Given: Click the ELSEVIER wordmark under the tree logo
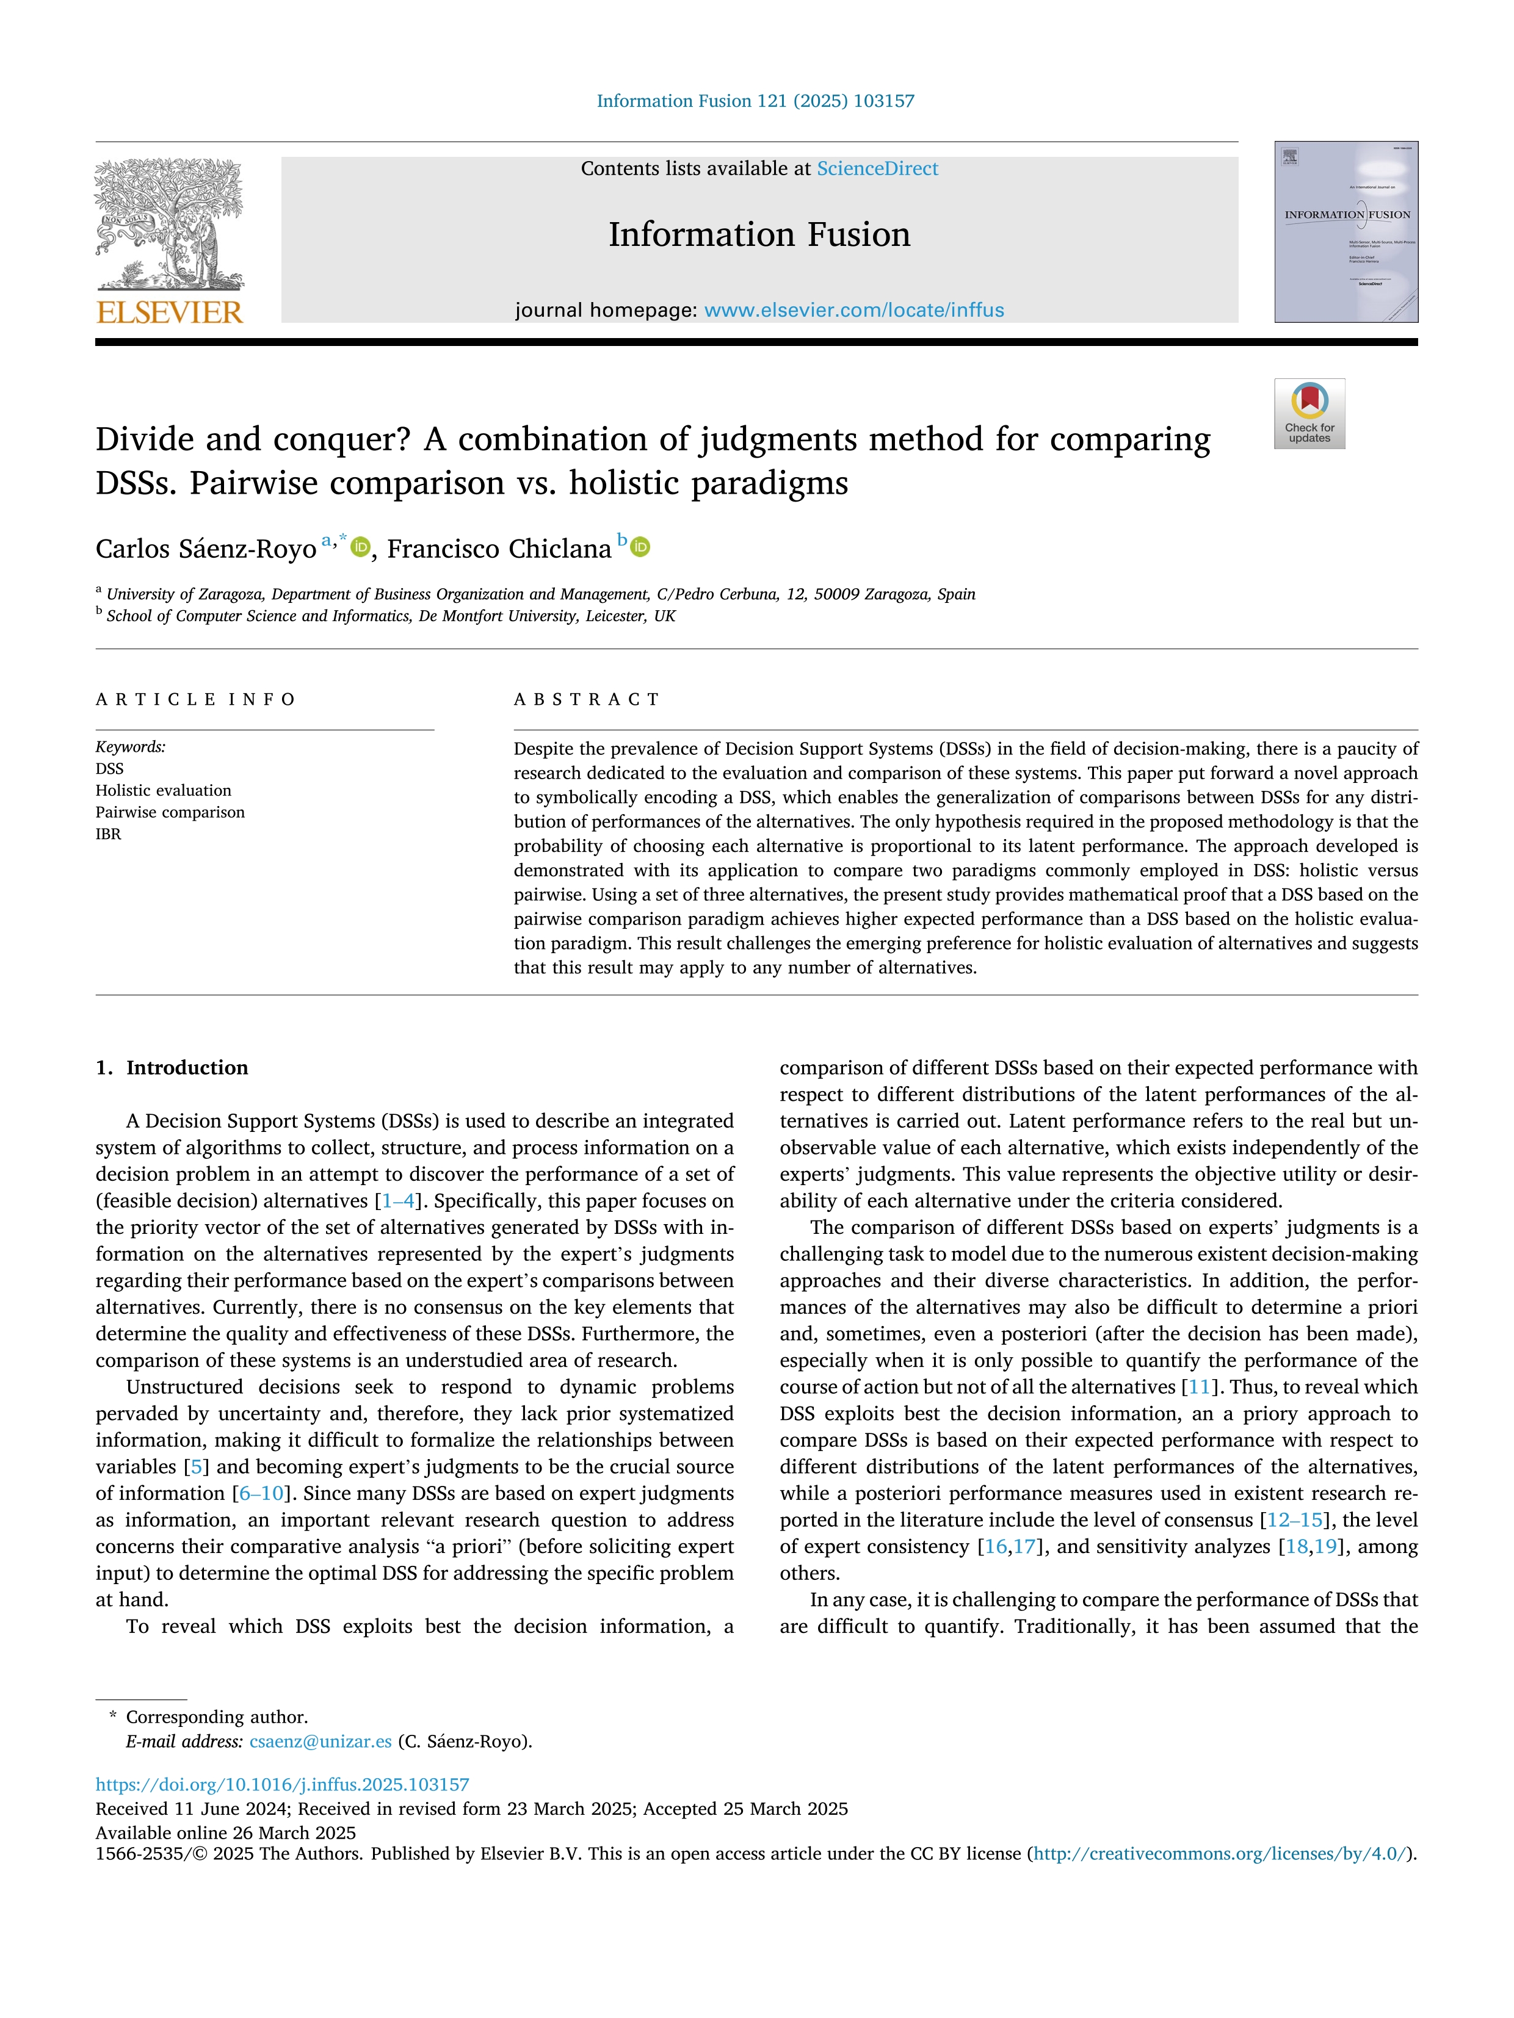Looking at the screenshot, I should [x=170, y=313].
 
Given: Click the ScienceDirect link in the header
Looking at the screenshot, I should [x=877, y=169].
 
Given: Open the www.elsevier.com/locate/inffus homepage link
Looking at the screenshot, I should [x=854, y=310].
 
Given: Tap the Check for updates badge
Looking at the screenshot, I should [x=1309, y=413].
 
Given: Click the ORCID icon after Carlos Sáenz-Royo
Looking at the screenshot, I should [x=361, y=547].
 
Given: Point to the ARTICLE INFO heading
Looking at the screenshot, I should [x=195, y=700].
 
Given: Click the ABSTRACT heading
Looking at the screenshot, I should [x=587, y=700].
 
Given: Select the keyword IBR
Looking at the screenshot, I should [x=109, y=834].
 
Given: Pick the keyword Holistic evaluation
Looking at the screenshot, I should [x=164, y=790].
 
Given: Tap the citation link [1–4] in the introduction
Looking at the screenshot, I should [x=399, y=1202].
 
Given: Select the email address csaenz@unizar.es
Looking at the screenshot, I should [x=321, y=1742].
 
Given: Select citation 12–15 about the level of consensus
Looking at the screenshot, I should [x=1294, y=1521].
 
